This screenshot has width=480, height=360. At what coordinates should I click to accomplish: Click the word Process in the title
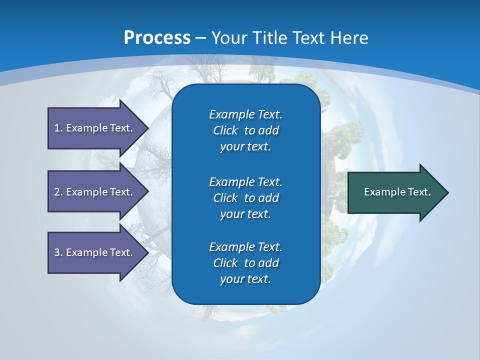[157, 38]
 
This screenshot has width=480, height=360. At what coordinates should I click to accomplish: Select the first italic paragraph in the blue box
[245, 130]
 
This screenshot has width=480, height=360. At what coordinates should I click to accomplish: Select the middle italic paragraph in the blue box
[245, 198]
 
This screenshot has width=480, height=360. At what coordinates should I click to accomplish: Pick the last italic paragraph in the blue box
[245, 263]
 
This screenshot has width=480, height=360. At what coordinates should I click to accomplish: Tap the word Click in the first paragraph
[225, 130]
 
